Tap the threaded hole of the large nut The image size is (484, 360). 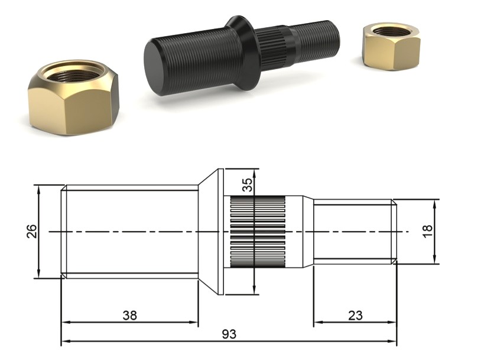pos(74,74)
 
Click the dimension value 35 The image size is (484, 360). pos(248,185)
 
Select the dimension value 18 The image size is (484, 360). pos(428,231)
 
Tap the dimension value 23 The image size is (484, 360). pos(355,315)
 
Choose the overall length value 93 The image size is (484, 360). pos(229,334)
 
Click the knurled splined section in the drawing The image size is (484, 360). pos(257,231)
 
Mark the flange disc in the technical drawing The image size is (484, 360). pos(220,231)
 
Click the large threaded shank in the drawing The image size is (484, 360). pos(130,231)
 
